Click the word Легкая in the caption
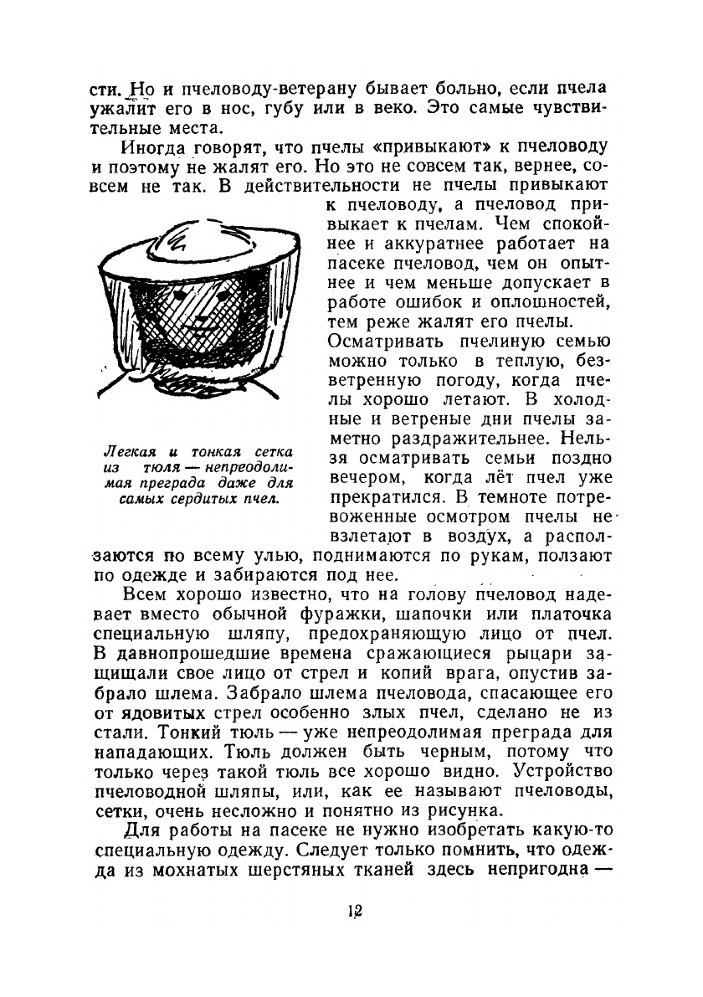point(124,453)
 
